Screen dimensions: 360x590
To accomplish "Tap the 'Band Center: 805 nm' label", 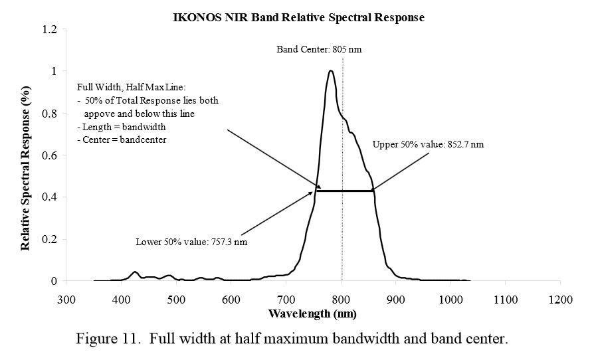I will pos(319,50).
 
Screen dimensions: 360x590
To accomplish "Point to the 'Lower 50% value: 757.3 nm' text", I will pos(191,242).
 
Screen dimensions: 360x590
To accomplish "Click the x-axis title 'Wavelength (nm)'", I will pos(313,313).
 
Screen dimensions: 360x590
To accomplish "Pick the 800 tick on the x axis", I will pos(341,300).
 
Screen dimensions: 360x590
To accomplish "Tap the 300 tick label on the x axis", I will pos(66,300).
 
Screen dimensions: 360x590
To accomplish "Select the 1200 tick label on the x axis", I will pos(560,300).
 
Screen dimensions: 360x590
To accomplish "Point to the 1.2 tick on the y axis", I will pos(49,29).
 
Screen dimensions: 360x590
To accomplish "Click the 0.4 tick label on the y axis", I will pos(49,197).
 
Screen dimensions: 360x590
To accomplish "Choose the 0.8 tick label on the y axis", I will pos(49,114).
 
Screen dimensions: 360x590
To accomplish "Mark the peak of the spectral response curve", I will pos(330,71).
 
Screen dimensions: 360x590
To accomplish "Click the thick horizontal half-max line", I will pos(344,191).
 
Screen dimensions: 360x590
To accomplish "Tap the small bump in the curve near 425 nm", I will pos(135,272).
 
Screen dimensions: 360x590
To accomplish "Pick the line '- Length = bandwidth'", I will pos(122,126).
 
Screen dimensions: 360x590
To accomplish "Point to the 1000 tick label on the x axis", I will pos(450,300).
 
